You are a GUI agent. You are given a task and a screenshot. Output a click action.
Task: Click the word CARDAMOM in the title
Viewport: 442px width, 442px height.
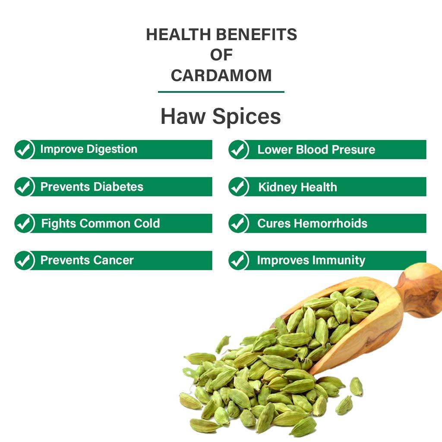pos(221,76)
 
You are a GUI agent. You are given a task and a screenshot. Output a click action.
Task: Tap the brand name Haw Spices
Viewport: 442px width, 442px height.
pos(221,116)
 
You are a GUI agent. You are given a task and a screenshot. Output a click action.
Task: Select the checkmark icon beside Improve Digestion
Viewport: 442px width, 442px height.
pos(24,150)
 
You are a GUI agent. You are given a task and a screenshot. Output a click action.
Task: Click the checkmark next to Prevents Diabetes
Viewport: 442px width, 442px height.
pos(24,187)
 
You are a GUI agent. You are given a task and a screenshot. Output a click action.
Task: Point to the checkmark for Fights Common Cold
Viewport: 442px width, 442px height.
pos(24,224)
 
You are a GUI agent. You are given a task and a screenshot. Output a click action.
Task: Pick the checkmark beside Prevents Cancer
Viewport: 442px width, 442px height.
pos(24,261)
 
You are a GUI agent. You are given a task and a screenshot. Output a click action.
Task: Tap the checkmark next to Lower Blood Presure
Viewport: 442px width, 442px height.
pos(238,150)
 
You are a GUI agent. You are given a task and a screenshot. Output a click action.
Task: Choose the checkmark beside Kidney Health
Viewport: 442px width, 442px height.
pos(238,187)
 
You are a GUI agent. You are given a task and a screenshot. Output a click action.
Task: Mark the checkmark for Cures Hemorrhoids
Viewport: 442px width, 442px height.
pos(238,224)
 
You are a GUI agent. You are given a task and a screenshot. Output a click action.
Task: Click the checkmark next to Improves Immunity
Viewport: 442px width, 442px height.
pos(238,261)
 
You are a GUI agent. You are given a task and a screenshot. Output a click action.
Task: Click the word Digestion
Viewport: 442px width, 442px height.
pos(112,149)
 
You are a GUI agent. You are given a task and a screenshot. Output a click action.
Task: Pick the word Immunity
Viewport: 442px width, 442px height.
pos(339,260)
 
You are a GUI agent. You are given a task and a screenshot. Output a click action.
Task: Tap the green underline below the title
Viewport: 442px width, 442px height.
pos(221,92)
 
